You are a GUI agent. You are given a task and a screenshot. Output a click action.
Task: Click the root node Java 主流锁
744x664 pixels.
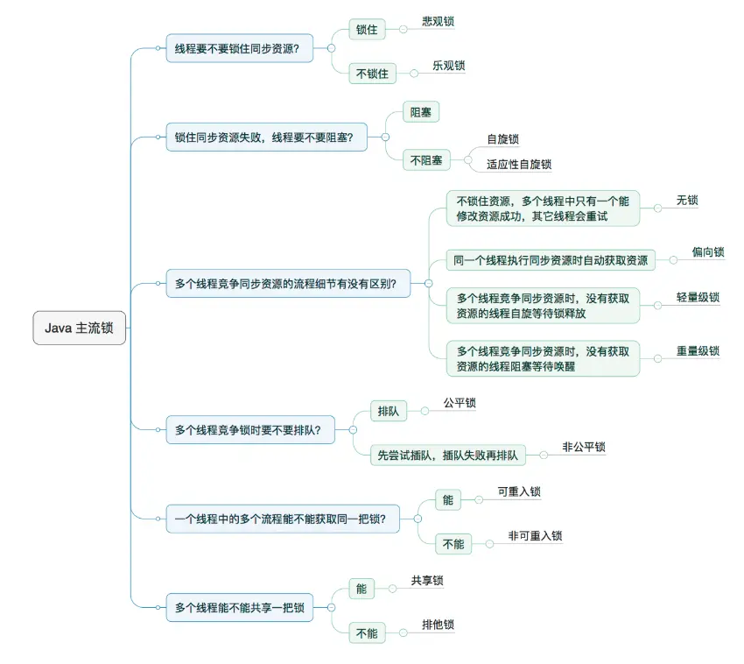(79, 329)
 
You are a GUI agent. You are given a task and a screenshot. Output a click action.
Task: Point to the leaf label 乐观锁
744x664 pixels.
(448, 67)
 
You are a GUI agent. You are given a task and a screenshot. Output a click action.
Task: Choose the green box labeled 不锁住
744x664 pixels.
(372, 74)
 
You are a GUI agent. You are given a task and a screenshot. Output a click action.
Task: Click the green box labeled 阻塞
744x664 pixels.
(420, 113)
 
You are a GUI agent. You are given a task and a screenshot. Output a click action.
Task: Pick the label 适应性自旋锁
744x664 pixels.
(519, 165)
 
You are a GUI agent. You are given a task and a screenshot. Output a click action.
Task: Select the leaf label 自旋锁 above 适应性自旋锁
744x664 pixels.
(503, 139)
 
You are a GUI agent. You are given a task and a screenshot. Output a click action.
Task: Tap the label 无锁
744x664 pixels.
(687, 201)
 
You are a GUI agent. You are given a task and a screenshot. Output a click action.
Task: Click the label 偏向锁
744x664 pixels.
(708, 253)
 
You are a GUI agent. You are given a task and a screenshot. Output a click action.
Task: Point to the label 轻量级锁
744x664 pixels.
(698, 298)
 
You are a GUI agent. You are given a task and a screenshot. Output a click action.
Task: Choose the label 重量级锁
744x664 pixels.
(698, 351)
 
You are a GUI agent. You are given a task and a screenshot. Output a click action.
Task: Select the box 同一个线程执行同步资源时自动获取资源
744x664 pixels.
(551, 260)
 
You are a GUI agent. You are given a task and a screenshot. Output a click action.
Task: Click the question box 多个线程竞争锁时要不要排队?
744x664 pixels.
(249, 429)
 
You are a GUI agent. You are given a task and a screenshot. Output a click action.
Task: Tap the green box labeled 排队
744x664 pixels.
(388, 411)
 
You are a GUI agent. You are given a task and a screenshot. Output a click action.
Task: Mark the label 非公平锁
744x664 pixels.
(584, 447)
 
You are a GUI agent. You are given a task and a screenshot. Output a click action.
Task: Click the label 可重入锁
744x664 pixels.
(519, 492)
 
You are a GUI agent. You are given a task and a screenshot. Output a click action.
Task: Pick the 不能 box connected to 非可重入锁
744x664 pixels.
(453, 544)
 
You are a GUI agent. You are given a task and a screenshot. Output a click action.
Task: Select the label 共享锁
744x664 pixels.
(427, 581)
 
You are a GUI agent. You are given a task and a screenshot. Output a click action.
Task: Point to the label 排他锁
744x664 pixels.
(438, 625)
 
